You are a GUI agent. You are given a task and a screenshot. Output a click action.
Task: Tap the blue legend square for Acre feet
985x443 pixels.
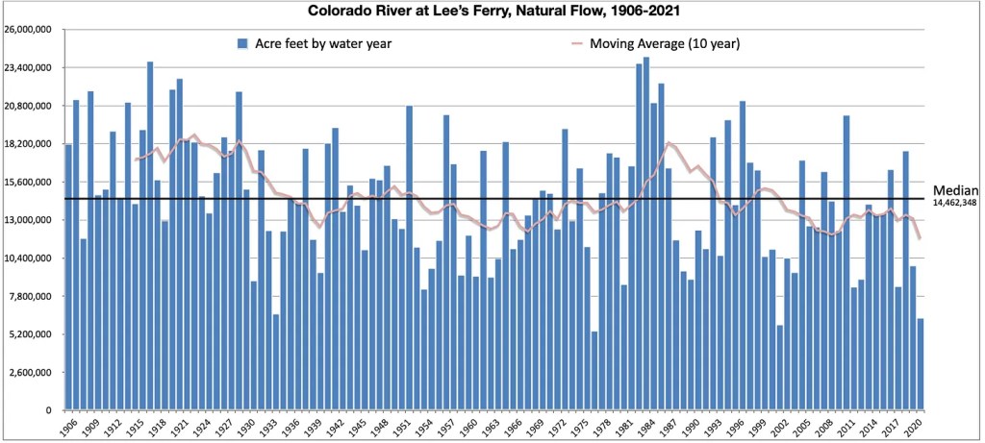242,44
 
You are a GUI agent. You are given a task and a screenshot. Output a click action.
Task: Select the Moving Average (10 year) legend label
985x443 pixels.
664,44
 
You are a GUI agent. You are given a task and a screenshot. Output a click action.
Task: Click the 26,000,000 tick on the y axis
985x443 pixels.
32,30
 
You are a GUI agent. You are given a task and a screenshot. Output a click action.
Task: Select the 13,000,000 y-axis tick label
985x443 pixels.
32,220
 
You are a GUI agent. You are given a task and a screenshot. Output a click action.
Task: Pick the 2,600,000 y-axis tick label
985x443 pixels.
34,373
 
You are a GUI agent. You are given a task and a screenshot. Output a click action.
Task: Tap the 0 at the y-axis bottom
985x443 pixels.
54,410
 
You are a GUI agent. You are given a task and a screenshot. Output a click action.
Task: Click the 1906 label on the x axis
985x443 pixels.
68,427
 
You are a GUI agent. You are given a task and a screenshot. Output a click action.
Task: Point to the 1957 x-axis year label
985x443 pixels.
446,427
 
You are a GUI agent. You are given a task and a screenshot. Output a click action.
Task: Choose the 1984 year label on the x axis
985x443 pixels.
646,427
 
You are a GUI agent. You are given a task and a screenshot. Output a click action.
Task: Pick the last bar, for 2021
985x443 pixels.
921,364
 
